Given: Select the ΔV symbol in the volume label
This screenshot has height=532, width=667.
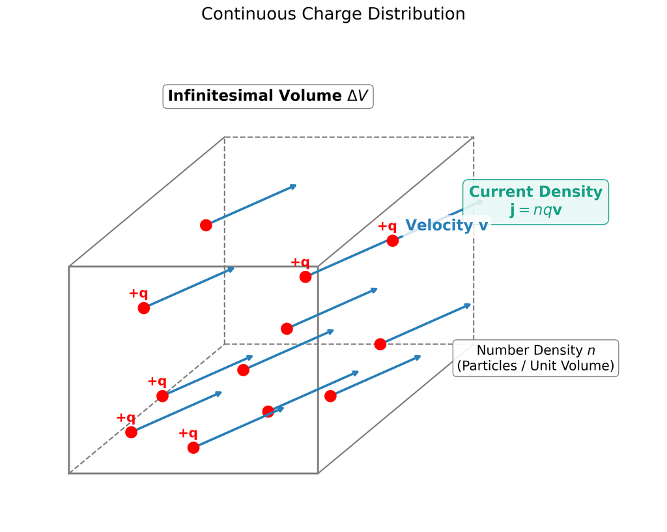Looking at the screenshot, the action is [357, 96].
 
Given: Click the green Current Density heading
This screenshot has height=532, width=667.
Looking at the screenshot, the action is [535, 192].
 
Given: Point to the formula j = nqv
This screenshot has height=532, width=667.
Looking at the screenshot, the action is [535, 210].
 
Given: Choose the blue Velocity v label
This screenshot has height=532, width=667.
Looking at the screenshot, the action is [447, 225].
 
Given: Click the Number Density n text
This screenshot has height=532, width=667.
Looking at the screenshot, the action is [535, 350].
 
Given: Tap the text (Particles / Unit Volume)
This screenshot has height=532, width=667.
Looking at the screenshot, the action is [535, 366].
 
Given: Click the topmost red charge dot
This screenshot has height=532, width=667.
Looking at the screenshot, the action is [206, 225].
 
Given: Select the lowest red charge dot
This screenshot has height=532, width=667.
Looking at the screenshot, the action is [193, 448].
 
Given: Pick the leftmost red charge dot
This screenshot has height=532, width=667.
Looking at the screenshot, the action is [131, 432].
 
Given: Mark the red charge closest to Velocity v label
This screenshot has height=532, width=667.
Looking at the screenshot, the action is [393, 241].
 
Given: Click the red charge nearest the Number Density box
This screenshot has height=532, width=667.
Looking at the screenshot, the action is [380, 344].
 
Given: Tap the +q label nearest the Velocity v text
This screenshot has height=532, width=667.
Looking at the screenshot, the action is [387, 226].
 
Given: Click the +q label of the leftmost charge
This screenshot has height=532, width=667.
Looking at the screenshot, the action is [126, 417].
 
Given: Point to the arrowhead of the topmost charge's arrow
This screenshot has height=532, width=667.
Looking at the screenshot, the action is [296, 186].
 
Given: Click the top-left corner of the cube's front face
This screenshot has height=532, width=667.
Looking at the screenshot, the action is [69, 266].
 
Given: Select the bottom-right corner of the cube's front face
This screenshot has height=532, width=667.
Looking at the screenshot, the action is [318, 473].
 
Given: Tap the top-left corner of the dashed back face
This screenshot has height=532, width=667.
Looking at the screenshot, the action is [225, 137].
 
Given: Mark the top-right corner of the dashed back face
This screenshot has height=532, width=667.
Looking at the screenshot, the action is [474, 137].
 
